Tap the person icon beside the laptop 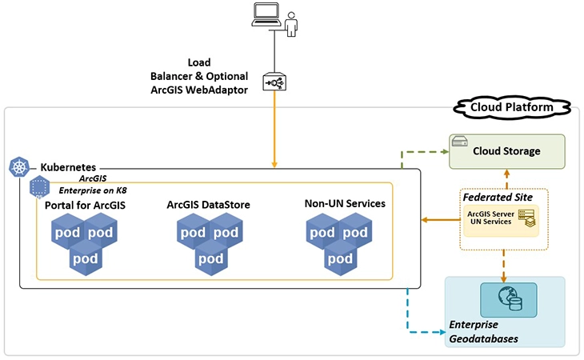[291, 23]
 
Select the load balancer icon [275, 83]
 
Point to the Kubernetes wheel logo [18, 167]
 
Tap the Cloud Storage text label [506, 150]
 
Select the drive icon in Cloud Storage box [460, 142]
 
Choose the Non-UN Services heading [346, 204]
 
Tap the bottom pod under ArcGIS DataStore [210, 258]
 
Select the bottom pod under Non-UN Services [340, 258]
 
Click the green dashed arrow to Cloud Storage [424, 151]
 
